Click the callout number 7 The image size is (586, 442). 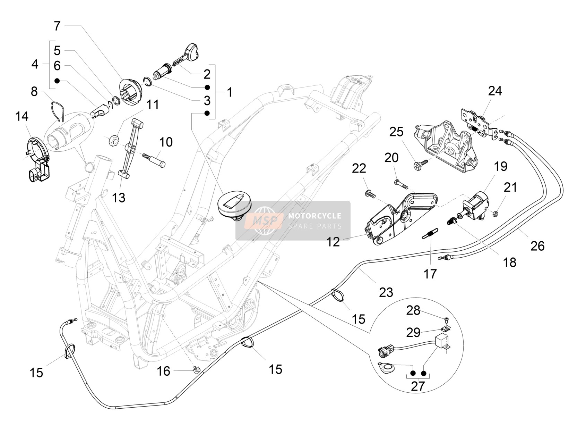click(x=57, y=26)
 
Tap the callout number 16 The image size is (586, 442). click(x=164, y=371)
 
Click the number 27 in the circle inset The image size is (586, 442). click(x=417, y=386)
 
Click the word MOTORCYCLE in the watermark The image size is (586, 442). click(x=315, y=216)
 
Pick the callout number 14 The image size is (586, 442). click(x=22, y=116)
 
